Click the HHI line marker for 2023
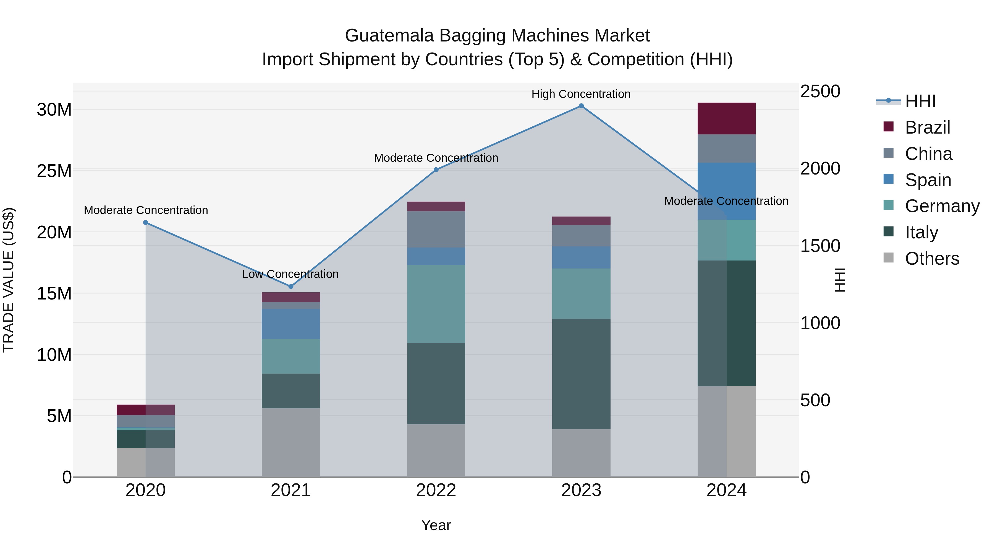[581, 106]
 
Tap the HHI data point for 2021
[291, 286]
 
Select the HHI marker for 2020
[146, 223]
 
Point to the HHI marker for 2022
[436, 170]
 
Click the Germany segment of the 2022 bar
[436, 304]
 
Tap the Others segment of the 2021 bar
[291, 442]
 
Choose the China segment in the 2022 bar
[436, 229]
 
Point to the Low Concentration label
[290, 274]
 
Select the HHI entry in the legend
[920, 101]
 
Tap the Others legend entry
[932, 259]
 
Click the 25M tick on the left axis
[54, 171]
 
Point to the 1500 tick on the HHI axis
[820, 246]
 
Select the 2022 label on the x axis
[436, 490]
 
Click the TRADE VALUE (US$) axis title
[9, 280]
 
